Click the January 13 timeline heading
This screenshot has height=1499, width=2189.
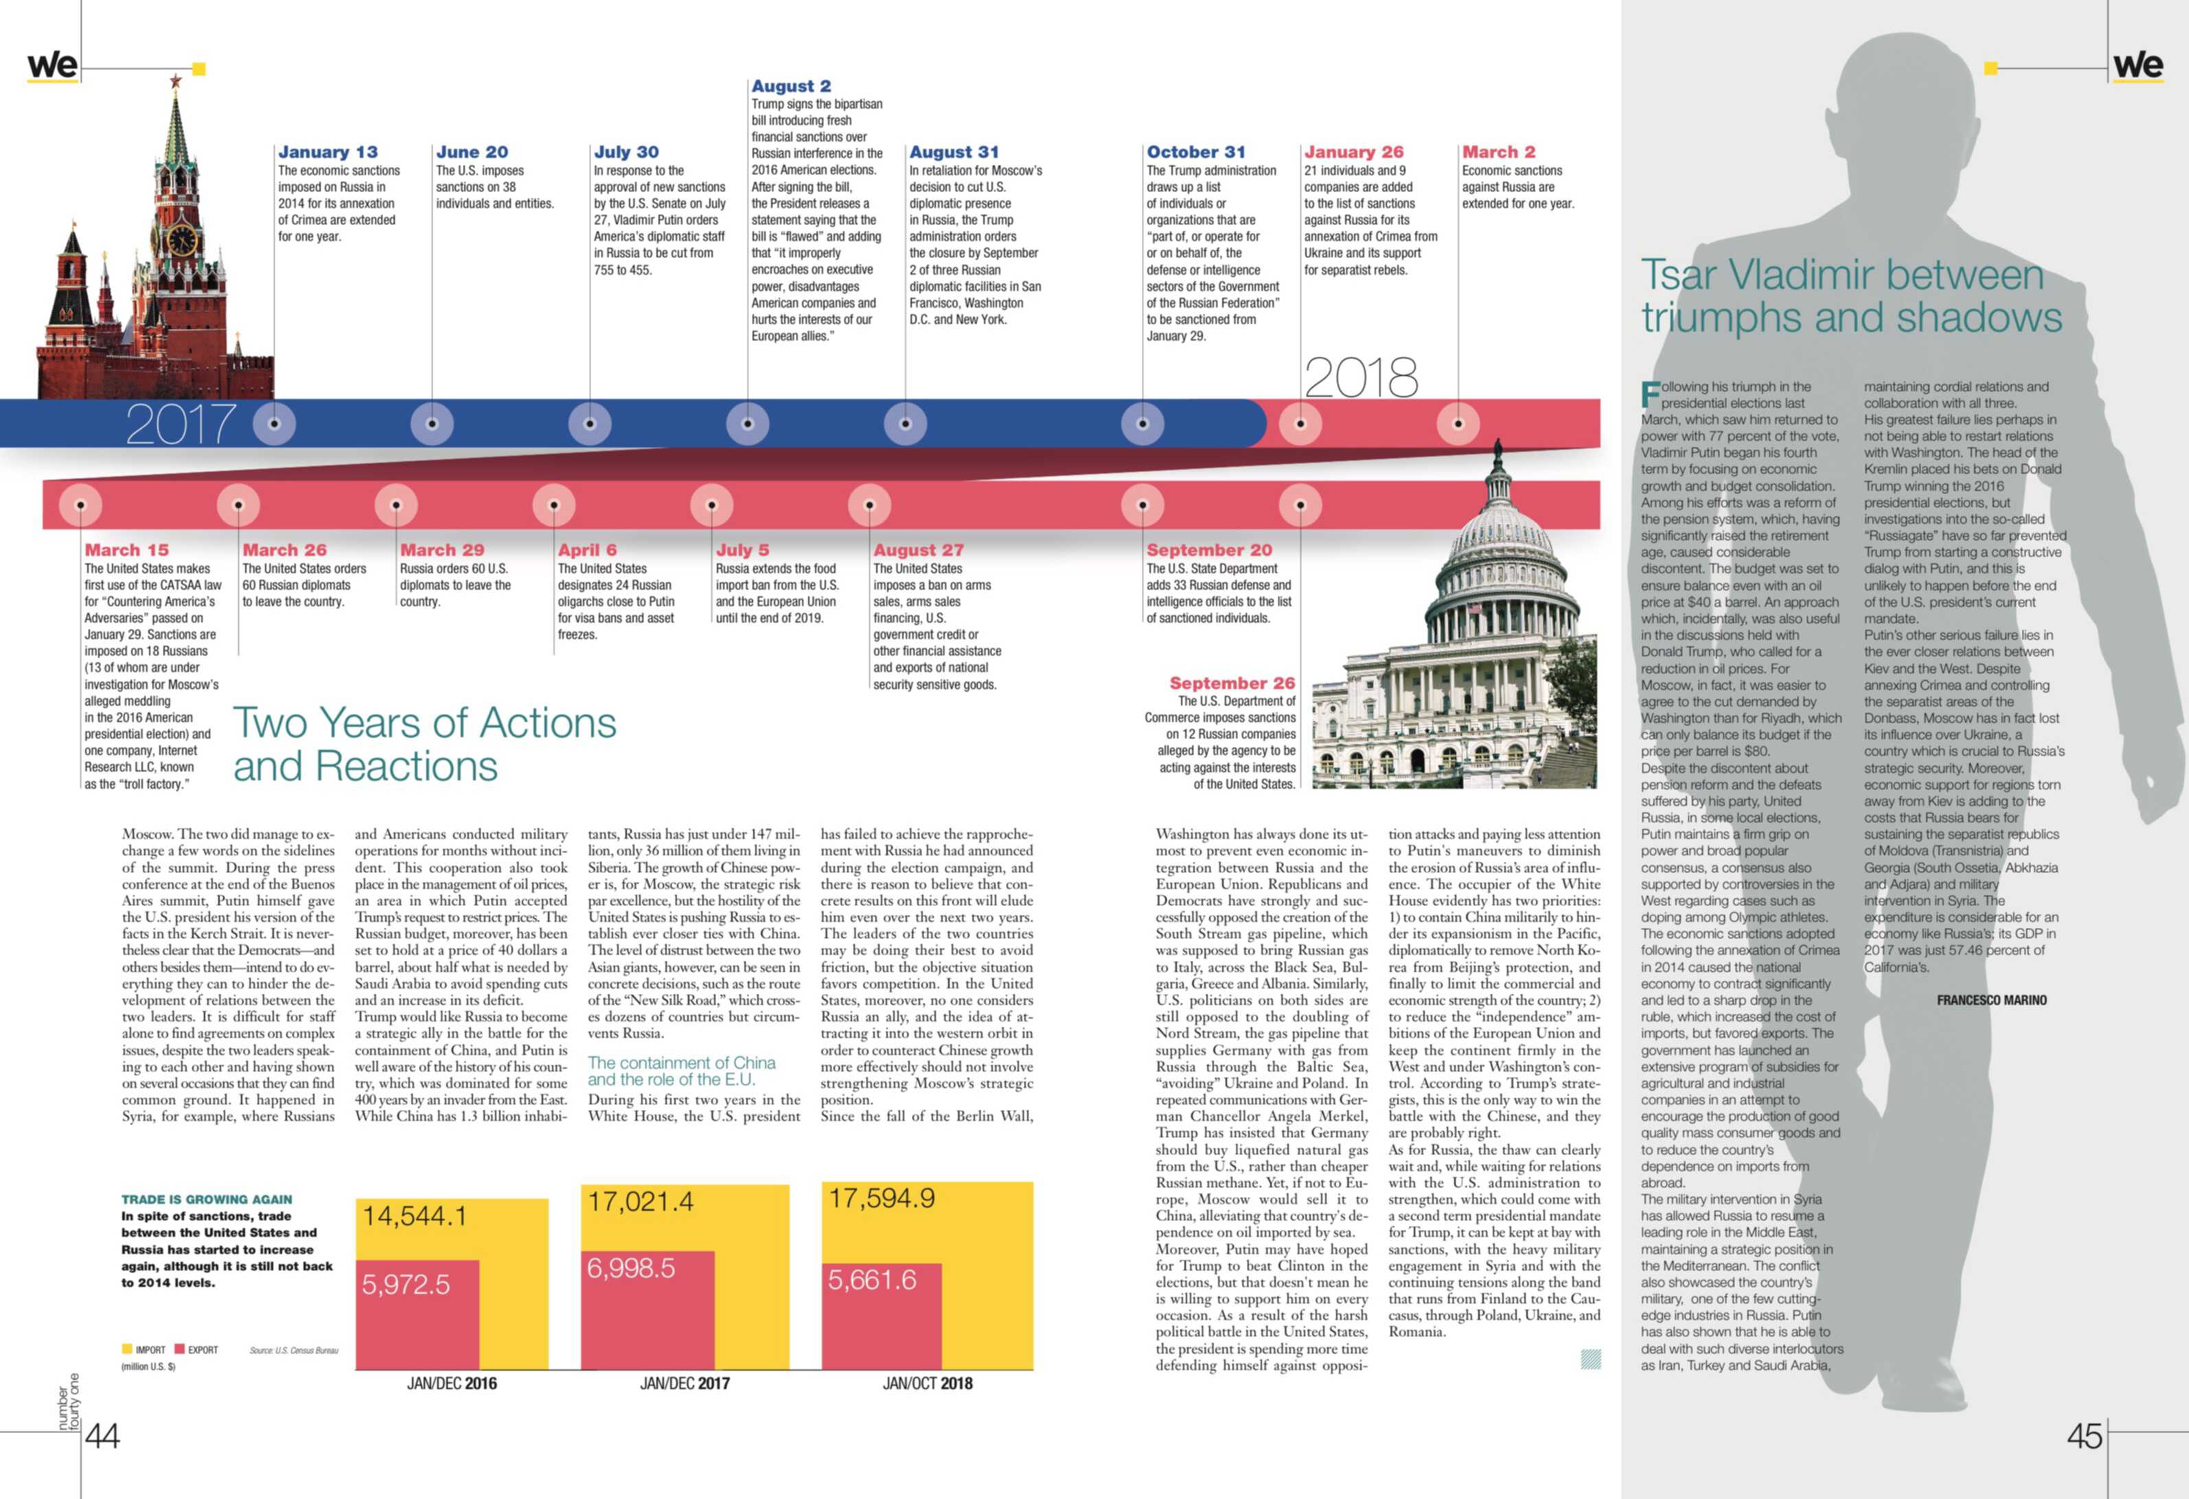pos(328,152)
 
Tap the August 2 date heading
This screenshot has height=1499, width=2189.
pos(791,86)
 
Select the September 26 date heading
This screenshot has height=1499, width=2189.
pos(1232,683)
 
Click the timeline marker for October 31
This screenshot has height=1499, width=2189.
pos(1143,423)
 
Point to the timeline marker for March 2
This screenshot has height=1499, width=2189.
pos(1458,423)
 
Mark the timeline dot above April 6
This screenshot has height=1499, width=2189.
pos(554,504)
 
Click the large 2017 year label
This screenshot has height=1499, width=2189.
pos(181,425)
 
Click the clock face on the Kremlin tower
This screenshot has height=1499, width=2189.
pos(183,238)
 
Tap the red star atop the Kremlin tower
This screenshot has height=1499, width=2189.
pos(175,81)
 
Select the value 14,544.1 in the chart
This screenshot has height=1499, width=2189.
pos(415,1216)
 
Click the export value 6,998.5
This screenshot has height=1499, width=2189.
pos(631,1268)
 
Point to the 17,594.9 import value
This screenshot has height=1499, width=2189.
pos(882,1198)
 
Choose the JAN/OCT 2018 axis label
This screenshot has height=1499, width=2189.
pos(928,1383)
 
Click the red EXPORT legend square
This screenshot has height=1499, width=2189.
pos(179,1349)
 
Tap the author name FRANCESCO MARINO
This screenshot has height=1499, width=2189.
pos(1992,1000)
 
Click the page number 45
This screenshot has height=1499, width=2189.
pos(2085,1436)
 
